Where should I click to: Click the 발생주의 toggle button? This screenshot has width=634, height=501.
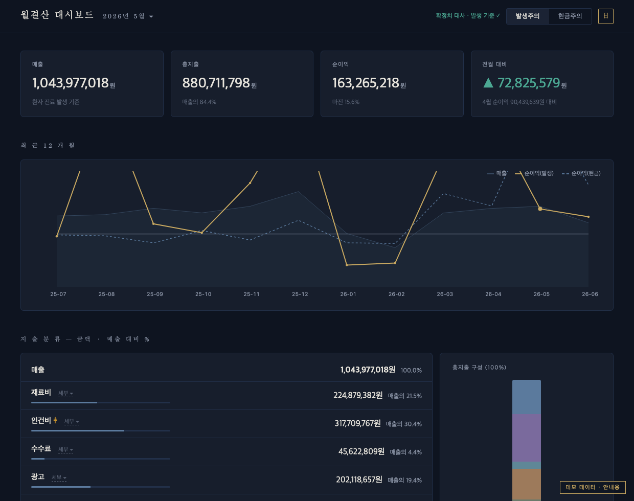527,16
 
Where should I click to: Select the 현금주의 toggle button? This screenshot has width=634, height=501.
570,16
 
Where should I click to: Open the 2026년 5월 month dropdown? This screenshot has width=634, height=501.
128,16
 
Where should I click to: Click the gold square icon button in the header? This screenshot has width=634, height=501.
605,16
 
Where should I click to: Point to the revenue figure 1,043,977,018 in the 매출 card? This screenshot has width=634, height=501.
71,83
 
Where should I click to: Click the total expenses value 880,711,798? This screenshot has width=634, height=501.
216,83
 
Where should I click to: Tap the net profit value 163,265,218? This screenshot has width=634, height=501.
366,83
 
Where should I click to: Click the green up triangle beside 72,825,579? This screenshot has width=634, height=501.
488,83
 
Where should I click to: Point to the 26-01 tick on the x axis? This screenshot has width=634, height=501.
348,294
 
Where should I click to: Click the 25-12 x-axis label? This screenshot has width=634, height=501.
300,294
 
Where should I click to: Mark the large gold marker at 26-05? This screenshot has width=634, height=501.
540,209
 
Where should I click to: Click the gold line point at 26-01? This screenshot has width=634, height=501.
347,265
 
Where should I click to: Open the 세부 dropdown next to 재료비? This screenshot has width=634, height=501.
65,393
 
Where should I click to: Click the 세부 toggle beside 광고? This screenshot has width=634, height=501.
59,477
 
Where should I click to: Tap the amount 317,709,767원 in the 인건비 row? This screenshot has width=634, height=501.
357,423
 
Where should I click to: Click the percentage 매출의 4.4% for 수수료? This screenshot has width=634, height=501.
405,452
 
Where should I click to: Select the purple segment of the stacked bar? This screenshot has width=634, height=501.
527,438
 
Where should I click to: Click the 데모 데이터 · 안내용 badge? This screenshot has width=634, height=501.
593,487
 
